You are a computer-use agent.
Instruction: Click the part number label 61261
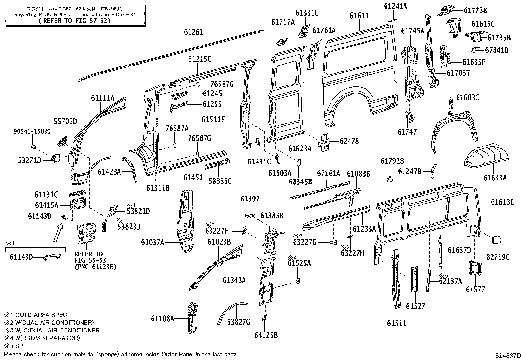tap(193, 32)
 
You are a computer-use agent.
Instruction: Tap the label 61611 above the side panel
tap(359, 16)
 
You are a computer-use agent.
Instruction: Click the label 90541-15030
tap(32, 131)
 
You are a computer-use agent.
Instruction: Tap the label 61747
tap(407, 132)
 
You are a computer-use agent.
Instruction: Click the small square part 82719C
tap(495, 240)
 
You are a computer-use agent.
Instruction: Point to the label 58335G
tap(220, 180)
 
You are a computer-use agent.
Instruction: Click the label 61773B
tap(475, 10)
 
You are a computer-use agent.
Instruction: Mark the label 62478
tap(349, 141)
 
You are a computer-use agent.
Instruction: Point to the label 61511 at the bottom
tap(396, 323)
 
